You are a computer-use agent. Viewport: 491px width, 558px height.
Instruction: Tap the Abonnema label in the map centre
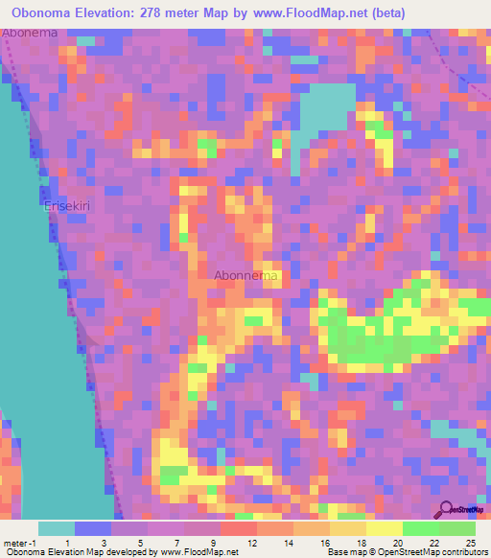pyautogui.click(x=246, y=276)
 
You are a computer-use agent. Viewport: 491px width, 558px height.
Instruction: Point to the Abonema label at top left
pyautogui.click(x=30, y=33)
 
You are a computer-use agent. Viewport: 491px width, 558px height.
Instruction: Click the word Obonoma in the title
pyautogui.click(x=47, y=12)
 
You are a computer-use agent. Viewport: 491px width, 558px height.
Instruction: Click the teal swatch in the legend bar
pyautogui.click(x=57, y=528)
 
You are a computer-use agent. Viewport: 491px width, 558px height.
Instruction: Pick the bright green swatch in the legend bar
pyautogui.click(x=421, y=528)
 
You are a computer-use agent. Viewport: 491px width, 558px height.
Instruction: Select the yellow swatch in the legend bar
pyautogui.click(x=385, y=528)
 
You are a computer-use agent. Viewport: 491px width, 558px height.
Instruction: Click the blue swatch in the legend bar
pyautogui.click(x=93, y=528)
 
